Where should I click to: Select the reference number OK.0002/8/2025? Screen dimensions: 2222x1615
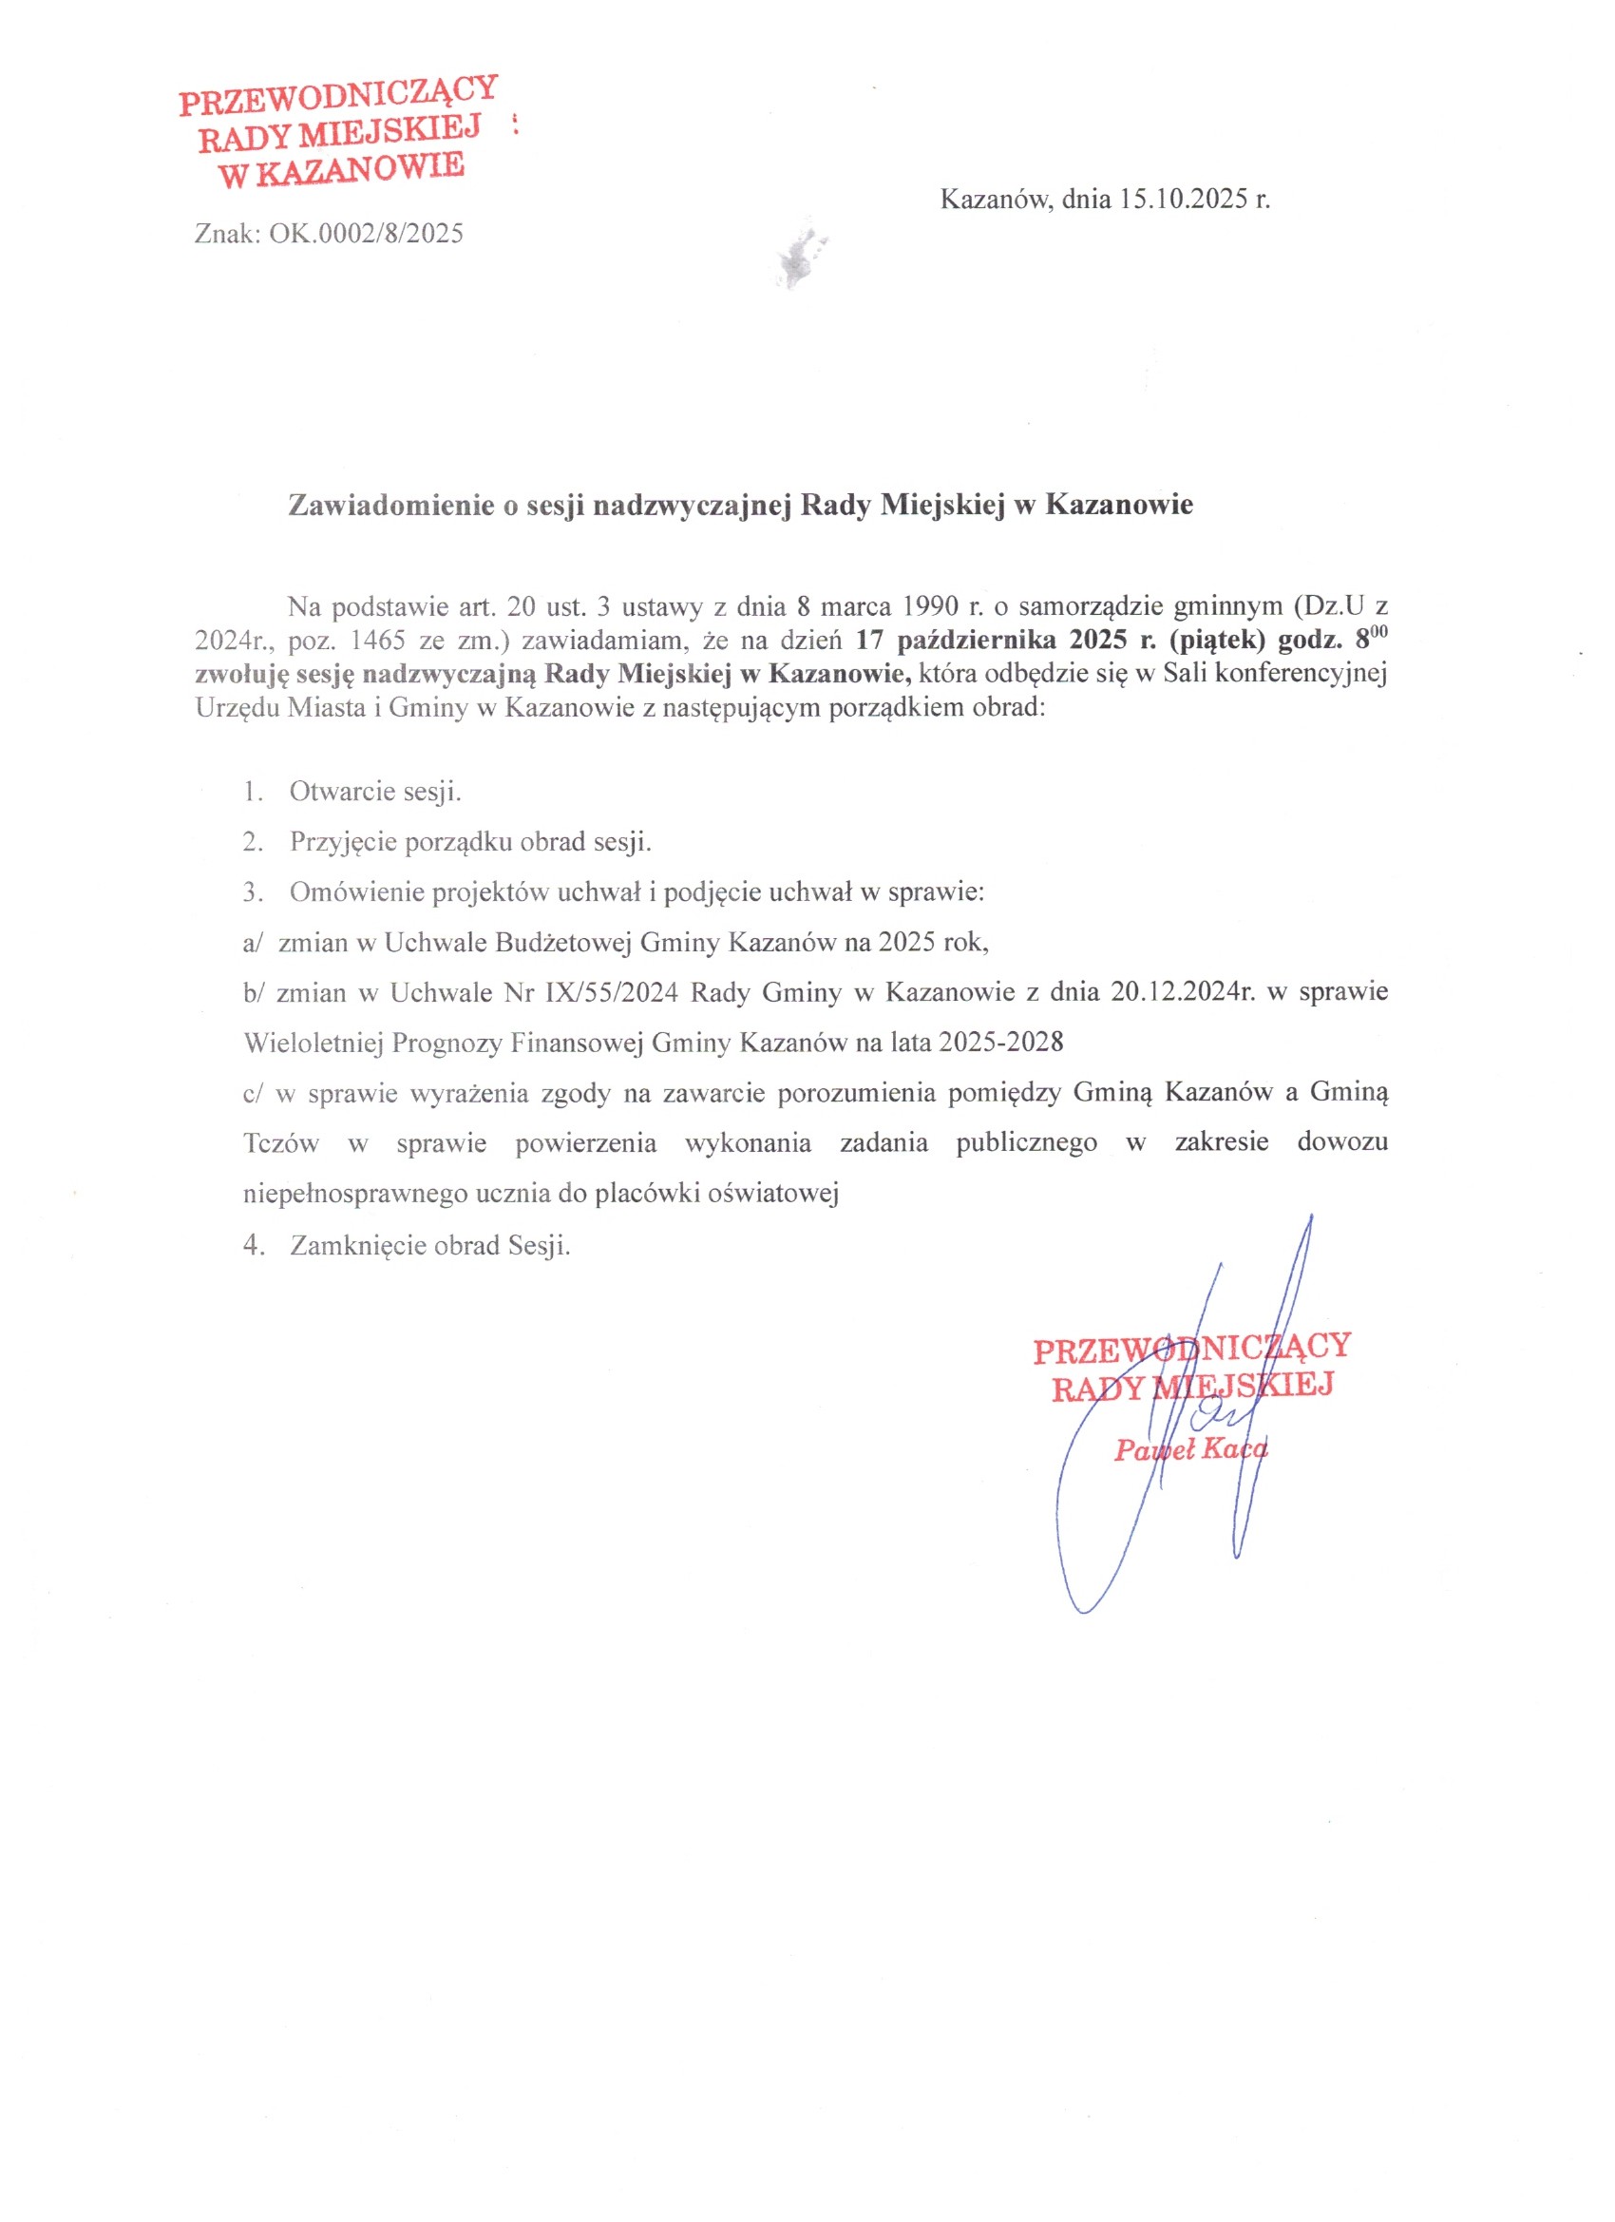click(367, 234)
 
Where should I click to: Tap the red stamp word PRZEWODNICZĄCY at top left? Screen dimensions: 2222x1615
click(339, 95)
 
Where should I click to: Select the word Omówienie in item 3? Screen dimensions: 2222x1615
click(354, 892)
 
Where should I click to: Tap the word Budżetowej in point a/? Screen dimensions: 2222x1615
click(563, 943)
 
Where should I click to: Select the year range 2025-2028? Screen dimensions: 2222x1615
click(1000, 1043)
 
